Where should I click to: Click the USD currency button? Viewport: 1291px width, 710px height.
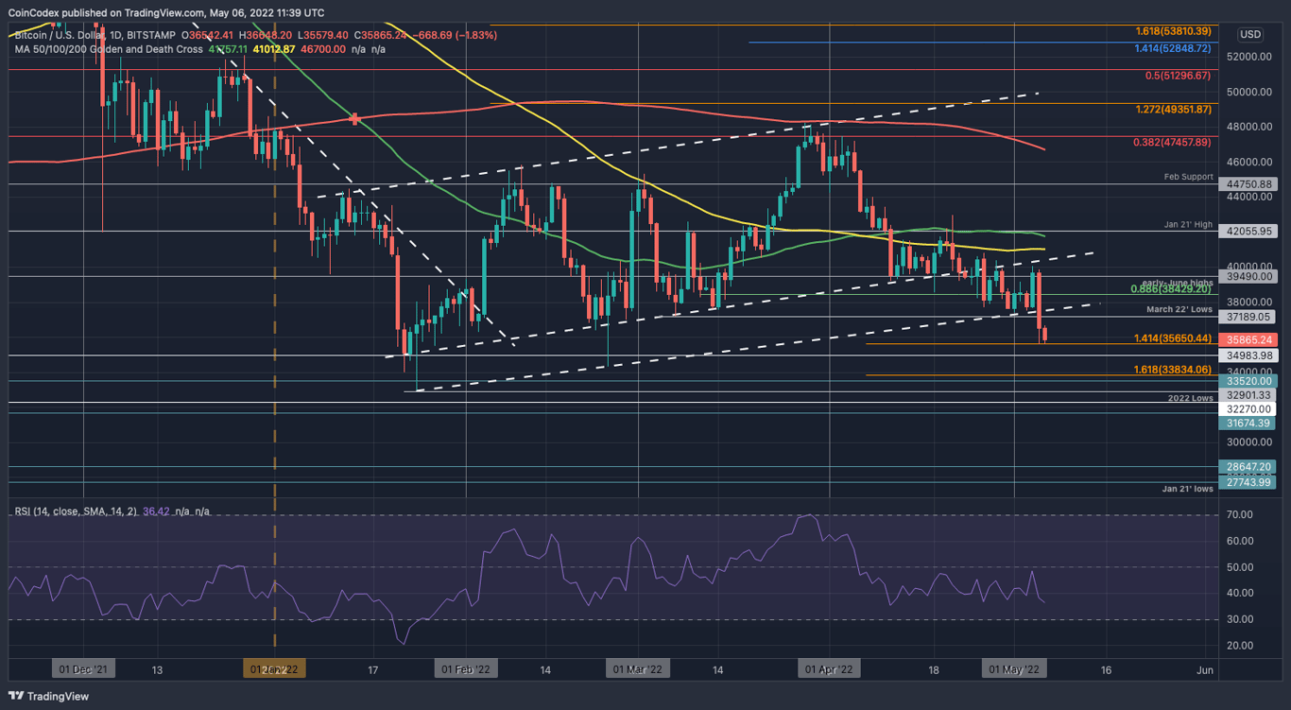tap(1249, 34)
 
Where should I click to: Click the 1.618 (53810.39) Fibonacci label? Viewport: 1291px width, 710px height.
tap(1173, 31)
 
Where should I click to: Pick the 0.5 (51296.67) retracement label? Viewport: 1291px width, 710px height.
tap(1178, 75)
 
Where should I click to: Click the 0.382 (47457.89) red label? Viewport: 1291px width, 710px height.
tap(1172, 142)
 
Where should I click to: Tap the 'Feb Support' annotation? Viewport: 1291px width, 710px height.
tap(1187, 177)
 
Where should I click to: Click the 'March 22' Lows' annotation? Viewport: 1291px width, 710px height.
tap(1179, 309)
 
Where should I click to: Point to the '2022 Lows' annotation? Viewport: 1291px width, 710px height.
tap(1190, 398)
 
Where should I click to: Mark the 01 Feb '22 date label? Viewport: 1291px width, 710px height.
tap(465, 669)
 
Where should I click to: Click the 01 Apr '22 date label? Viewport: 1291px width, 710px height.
tap(829, 669)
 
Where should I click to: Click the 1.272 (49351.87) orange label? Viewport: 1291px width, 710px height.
tap(1173, 110)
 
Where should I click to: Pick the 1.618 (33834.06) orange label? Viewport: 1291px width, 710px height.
tap(1173, 370)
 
